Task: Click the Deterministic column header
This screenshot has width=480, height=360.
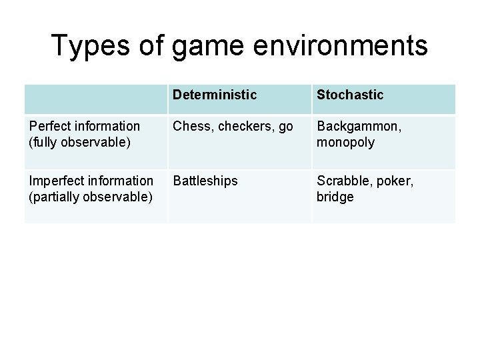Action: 214,95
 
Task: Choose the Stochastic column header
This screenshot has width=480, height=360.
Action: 351,95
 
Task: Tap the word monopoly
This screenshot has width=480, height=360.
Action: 345,142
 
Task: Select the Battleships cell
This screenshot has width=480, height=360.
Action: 205,181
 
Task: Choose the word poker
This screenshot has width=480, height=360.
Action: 393,181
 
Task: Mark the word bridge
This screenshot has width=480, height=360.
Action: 335,197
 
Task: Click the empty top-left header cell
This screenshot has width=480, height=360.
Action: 95,99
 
